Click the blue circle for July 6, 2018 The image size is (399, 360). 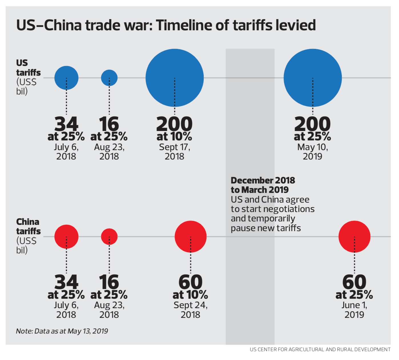66,78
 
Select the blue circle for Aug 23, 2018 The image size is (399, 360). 109,78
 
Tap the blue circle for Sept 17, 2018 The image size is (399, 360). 175,78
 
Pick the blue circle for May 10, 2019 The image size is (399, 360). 313,78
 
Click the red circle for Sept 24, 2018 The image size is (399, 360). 190,236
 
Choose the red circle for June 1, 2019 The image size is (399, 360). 354,236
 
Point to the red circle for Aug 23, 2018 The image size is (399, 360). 109,236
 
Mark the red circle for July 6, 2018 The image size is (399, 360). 66,236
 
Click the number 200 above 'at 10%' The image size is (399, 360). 174,124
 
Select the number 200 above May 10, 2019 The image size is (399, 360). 313,124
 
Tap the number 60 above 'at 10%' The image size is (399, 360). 190,282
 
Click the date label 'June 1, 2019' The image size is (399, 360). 354,310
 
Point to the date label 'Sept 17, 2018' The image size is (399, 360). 174,151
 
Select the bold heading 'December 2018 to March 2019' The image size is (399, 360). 263,185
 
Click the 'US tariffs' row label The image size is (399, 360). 28,68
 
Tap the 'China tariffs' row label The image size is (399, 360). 28,226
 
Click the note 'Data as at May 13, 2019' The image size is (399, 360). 62,331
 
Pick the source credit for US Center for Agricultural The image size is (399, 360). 320,349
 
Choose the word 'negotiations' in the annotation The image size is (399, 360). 289,209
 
